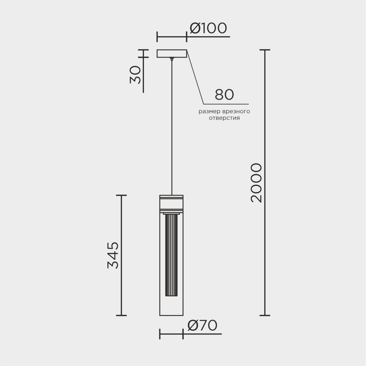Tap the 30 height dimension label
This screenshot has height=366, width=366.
pyautogui.click(x=135, y=75)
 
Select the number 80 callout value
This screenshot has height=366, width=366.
pyautogui.click(x=224, y=95)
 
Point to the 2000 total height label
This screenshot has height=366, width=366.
pyautogui.click(x=257, y=183)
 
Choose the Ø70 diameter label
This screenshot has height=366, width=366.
pyautogui.click(x=202, y=325)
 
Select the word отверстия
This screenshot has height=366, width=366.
pyautogui.click(x=224, y=118)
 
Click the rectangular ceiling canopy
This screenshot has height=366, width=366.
pyautogui.click(x=172, y=53)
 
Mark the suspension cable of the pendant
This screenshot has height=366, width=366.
pyautogui.click(x=172, y=128)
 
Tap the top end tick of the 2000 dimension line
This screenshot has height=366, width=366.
pyautogui.click(x=265, y=50)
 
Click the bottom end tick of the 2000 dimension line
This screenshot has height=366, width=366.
pyautogui.click(x=265, y=315)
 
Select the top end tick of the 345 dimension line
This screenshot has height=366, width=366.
pyautogui.click(x=121, y=195)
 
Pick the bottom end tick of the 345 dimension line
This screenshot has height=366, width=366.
pyautogui.click(x=121, y=315)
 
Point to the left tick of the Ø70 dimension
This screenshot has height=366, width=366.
pyautogui.click(x=160, y=334)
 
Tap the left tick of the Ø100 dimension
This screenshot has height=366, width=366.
pyautogui.click(x=157, y=37)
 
